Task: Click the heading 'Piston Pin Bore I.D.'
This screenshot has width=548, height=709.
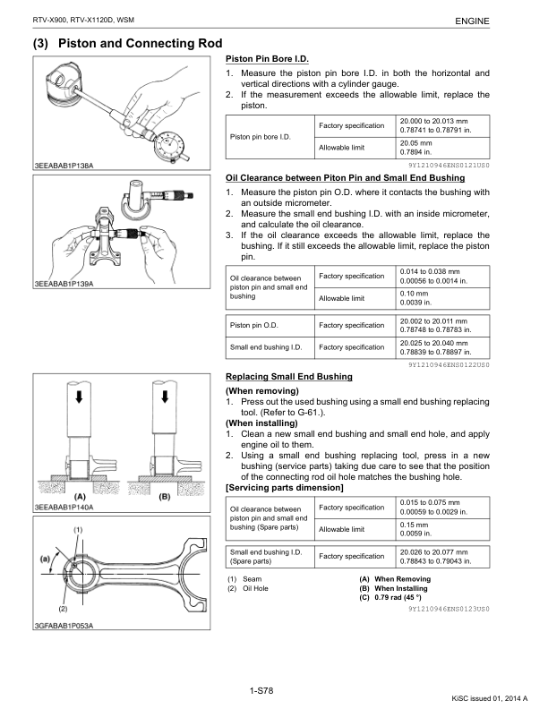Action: click(x=267, y=59)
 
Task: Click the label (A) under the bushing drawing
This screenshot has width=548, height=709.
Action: click(x=80, y=496)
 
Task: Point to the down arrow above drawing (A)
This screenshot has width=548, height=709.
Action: click(x=80, y=397)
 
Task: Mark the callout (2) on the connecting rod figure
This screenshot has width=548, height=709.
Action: click(x=63, y=609)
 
